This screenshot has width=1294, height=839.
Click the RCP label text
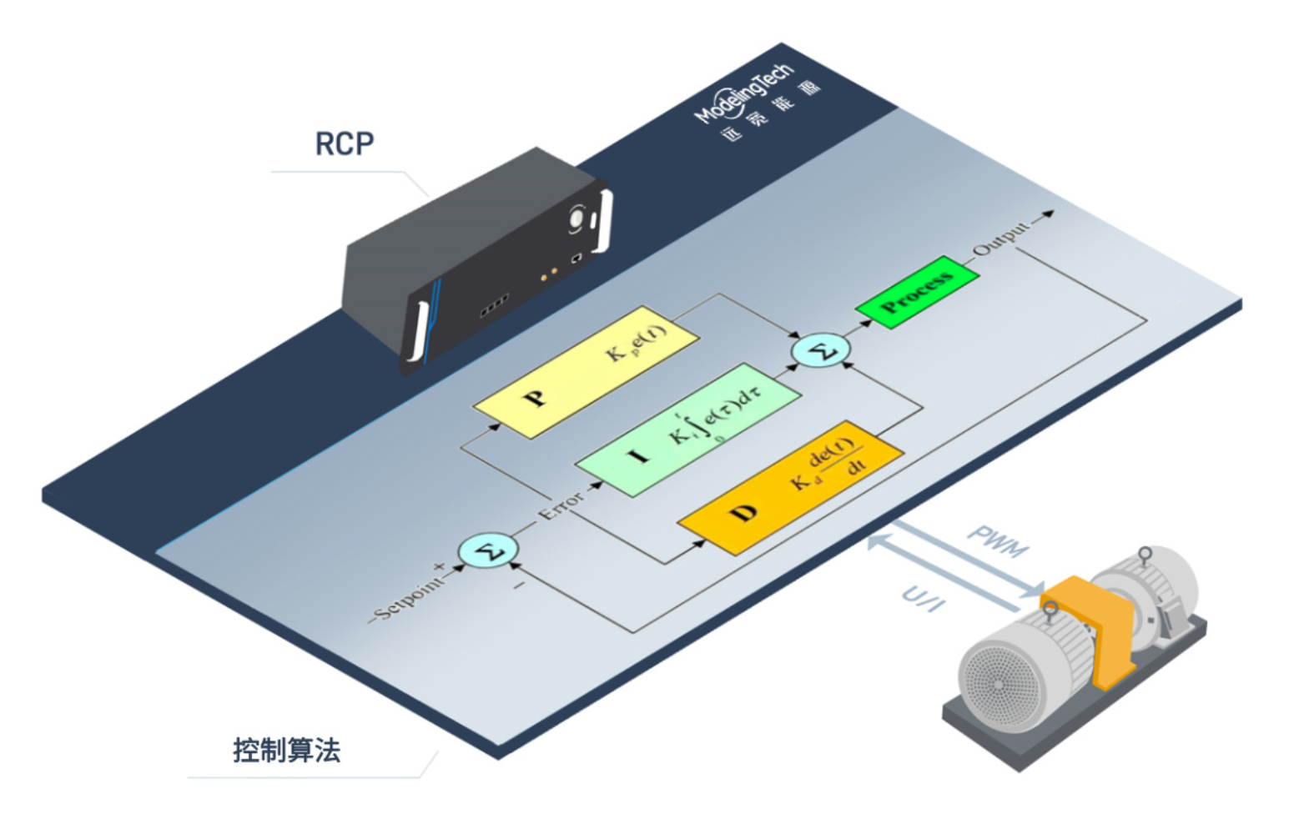[344, 143]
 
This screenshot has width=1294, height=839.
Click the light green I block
[687, 430]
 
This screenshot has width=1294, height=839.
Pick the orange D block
[789, 487]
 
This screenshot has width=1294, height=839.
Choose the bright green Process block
[917, 291]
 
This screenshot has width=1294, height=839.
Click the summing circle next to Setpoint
[488, 551]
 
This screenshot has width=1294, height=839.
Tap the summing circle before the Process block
[821, 350]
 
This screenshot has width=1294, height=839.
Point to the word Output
[1001, 238]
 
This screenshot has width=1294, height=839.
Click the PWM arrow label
[998, 542]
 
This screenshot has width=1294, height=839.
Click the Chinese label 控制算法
[286, 751]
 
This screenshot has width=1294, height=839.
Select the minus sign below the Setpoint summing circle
[518, 585]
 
